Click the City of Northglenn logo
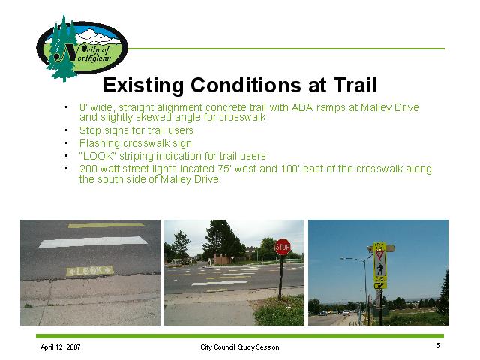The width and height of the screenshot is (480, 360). coord(82,47)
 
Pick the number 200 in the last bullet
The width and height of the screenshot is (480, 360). coord(88,169)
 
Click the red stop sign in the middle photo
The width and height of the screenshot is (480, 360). coord(283,247)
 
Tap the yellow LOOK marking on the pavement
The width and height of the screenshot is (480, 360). coord(90,271)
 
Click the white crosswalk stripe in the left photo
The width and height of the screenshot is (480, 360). coord(93,241)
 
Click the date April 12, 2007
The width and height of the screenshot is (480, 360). coord(61,346)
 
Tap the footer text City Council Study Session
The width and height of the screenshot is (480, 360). coord(240,347)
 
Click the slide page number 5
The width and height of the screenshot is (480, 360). coord(438,346)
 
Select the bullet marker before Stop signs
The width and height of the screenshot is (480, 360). coord(66,130)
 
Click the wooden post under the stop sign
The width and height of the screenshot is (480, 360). coord(280,277)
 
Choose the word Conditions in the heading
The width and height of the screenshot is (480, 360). coord(246,85)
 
